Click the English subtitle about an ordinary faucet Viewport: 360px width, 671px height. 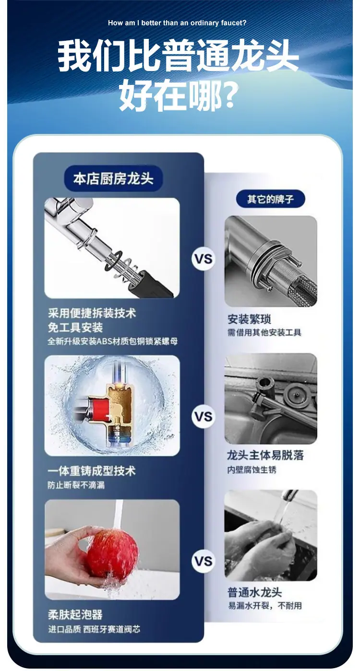coord(177,23)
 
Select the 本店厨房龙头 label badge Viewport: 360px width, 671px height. coord(113,179)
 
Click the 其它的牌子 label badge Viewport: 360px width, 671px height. coord(270,199)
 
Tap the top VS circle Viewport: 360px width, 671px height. coord(204,259)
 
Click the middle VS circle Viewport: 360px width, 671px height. coord(204,417)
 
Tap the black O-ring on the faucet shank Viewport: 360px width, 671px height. coord(114,260)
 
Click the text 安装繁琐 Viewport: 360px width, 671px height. coord(249,319)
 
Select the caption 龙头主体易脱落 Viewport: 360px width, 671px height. coord(265,455)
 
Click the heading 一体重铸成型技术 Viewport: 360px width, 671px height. coord(92,470)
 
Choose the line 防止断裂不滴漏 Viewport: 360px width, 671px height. coord(76,485)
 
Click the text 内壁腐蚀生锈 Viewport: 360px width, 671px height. coord(252,469)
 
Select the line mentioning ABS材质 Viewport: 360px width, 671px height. coord(113,341)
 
